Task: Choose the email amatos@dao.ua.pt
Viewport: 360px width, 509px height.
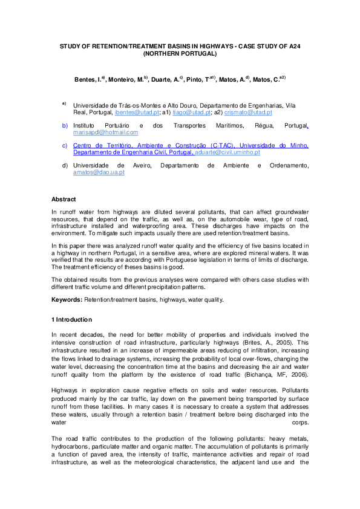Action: (99, 172)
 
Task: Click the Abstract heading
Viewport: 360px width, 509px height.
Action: (64, 199)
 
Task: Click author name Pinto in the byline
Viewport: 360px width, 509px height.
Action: (195, 79)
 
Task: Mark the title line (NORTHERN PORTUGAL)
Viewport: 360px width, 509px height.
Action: (180, 54)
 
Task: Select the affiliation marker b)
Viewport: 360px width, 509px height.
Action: (65, 126)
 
